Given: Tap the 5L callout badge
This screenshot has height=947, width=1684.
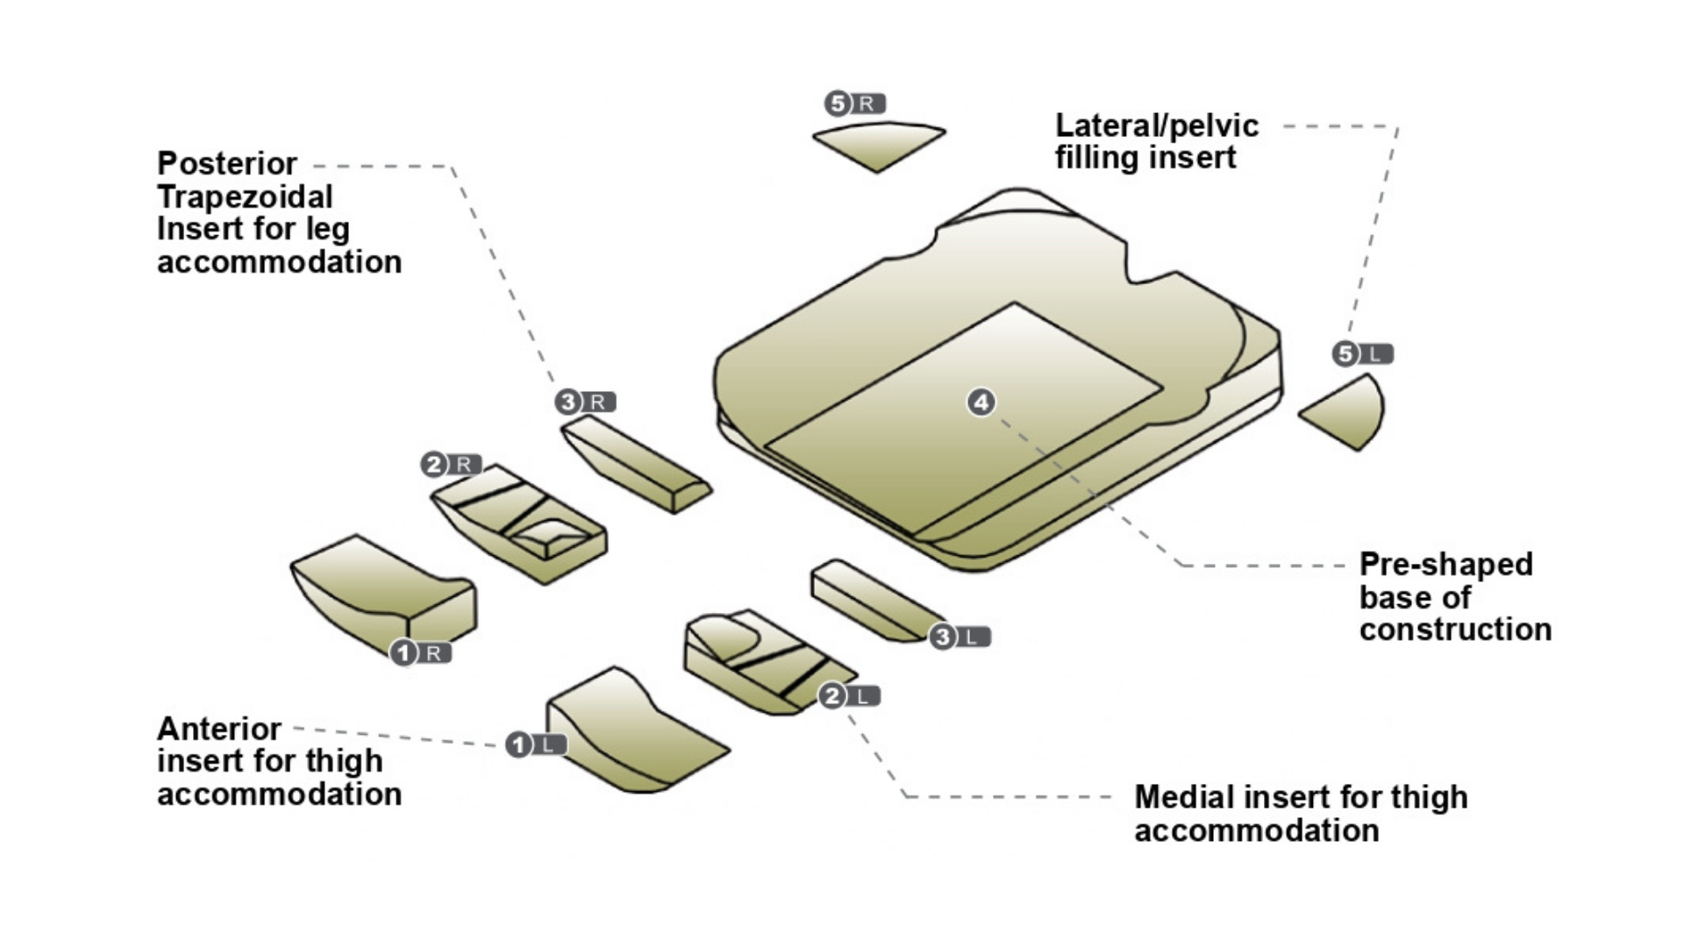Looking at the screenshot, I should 1362,354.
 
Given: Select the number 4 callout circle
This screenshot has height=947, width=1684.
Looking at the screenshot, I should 981,402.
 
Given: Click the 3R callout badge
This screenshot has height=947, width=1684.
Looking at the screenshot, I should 585,402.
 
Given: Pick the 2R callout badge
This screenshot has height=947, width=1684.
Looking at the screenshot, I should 451,464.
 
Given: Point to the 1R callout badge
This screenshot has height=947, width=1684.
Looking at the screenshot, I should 420,652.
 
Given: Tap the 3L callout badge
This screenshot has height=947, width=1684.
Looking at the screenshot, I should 960,637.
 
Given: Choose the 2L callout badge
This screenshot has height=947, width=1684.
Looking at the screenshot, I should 849,696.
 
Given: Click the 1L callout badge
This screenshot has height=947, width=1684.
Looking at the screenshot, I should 536,745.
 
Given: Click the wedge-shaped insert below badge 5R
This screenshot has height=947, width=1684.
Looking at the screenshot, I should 878,144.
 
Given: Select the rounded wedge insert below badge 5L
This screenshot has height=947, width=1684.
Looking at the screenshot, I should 1346,413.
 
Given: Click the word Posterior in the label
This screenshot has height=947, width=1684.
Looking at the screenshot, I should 227,164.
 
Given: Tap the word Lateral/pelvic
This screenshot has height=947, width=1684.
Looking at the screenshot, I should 1156,126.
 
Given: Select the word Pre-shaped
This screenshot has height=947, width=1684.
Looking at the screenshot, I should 1445,565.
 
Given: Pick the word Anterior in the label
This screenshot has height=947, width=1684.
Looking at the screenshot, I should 218,729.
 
